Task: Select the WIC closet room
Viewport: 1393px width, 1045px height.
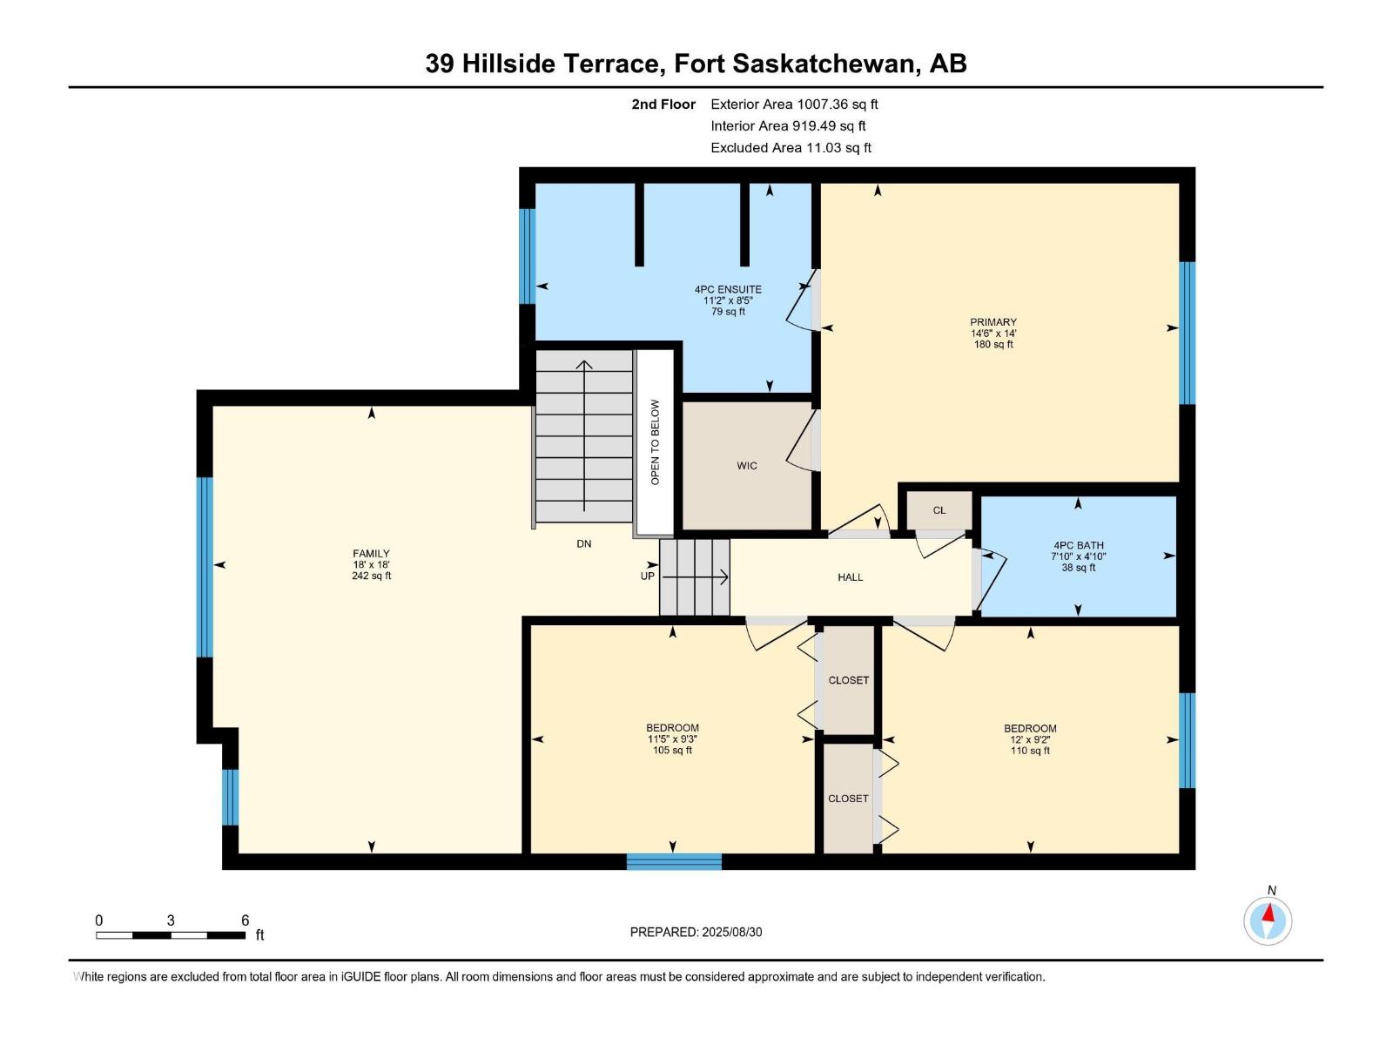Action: pyautogui.click(x=746, y=466)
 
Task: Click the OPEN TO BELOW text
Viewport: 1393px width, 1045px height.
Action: pyautogui.click(x=655, y=442)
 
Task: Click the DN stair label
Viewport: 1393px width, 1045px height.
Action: pyautogui.click(x=583, y=543)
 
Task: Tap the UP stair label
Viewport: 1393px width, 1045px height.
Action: pyautogui.click(x=647, y=576)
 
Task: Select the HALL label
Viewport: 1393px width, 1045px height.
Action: pyautogui.click(x=850, y=577)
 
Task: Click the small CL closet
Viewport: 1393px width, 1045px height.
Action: pyautogui.click(x=939, y=511)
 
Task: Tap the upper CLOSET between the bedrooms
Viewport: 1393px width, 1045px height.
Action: pyautogui.click(x=848, y=680)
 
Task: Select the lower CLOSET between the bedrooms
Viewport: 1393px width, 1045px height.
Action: pyautogui.click(x=848, y=799)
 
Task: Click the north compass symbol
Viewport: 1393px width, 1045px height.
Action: pyautogui.click(x=1268, y=920)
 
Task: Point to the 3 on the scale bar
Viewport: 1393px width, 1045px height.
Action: pyautogui.click(x=171, y=920)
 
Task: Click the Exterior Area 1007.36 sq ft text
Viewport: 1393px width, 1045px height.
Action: pyautogui.click(x=794, y=104)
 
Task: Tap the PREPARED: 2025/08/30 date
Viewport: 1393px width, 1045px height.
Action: pyautogui.click(x=696, y=932)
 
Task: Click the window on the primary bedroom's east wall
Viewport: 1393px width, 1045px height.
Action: pyautogui.click(x=1187, y=333)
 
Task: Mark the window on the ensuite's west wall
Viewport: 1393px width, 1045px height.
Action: pyautogui.click(x=527, y=256)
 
